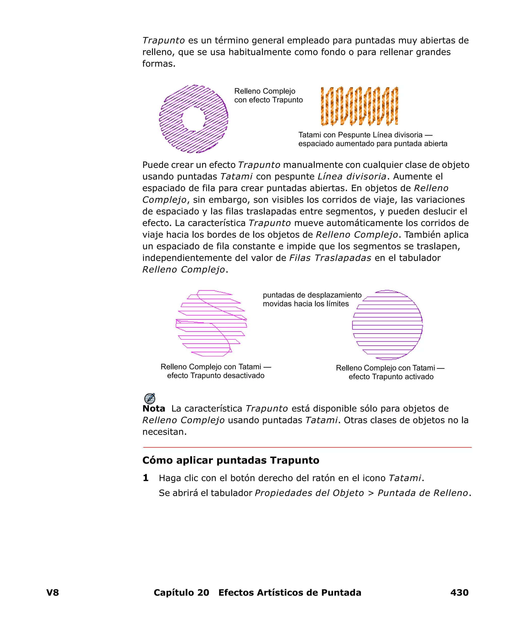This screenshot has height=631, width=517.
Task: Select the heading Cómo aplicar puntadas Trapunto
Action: (230, 460)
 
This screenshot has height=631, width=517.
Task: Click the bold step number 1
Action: (146, 478)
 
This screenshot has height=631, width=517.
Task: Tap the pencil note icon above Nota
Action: (149, 399)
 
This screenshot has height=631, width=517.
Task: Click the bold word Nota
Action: (154, 409)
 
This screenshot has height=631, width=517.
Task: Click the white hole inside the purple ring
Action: (194, 119)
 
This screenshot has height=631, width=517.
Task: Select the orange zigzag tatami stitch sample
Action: (359, 106)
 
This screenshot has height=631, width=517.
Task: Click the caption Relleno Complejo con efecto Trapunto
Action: (268, 95)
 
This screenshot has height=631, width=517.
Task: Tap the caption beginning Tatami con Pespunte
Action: (372, 139)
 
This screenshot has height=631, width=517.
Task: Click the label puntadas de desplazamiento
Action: (312, 295)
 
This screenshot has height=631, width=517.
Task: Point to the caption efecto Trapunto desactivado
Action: (216, 376)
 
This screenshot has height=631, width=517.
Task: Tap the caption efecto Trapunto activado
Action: (391, 377)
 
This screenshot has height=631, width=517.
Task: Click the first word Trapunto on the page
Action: (164, 40)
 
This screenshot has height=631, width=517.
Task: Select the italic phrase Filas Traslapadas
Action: (330, 258)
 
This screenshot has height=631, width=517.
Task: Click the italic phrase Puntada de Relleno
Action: (423, 493)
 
